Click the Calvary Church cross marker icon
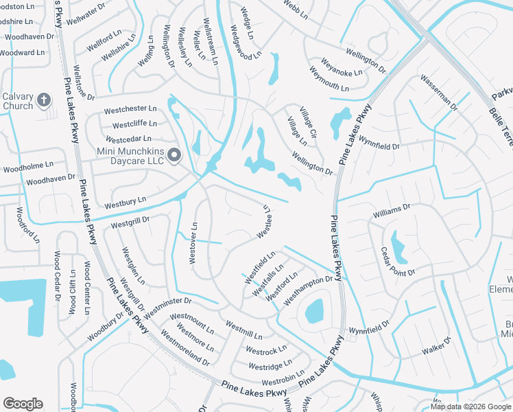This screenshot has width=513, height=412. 44,101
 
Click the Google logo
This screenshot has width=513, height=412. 23,403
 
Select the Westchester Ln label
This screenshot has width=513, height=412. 130,110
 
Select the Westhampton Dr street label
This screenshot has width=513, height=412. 308,288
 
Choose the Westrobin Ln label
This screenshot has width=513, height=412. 282,381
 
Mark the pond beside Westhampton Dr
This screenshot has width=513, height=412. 314,311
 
